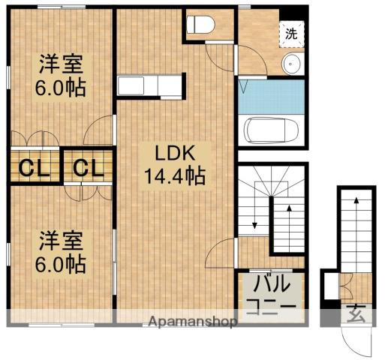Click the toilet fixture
pyautogui.click(x=200, y=25)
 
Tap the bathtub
pyautogui.click(x=272, y=130)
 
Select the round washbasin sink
pyautogui.click(x=290, y=64)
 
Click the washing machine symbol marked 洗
pyautogui.click(x=292, y=34)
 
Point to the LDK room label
pyautogui.click(x=175, y=153)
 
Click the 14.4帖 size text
pyautogui.click(x=175, y=176)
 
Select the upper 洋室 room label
pyautogui.click(x=61, y=64)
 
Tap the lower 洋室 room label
pyautogui.click(x=61, y=241)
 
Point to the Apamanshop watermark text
pyautogui.click(x=192, y=322)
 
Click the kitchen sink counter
pyautogui.click(x=149, y=85)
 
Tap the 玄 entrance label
pyautogui.click(x=356, y=313)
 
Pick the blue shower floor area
pyautogui.click(x=271, y=97)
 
